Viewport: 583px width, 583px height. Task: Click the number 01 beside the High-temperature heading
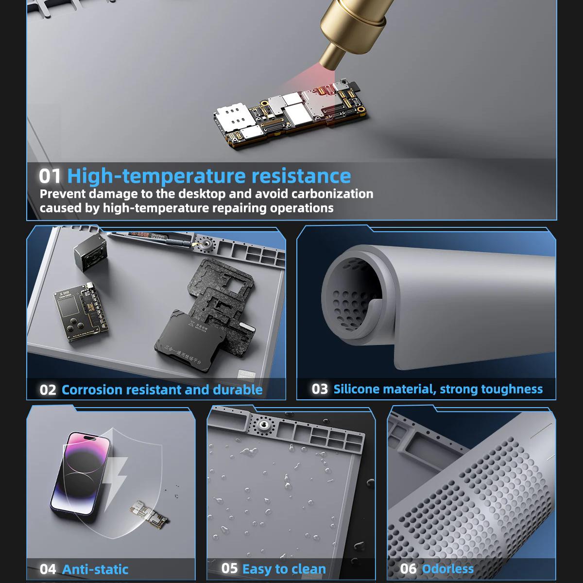coord(50,176)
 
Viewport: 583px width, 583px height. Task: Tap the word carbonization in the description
coord(332,194)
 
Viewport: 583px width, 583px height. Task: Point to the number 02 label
coord(48,390)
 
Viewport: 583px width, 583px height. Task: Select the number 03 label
coord(320,389)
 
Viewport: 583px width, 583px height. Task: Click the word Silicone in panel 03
coord(357,389)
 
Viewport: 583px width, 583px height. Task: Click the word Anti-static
coord(95,569)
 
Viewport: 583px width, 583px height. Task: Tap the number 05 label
coord(229,568)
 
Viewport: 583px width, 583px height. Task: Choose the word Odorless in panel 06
coord(447,569)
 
